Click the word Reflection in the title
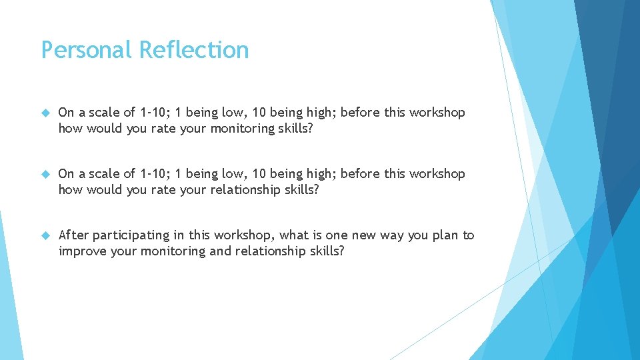[x=195, y=50]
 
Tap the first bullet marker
[x=45, y=113]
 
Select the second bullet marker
[x=45, y=174]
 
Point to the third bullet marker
[x=45, y=235]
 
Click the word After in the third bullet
[x=73, y=235]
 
